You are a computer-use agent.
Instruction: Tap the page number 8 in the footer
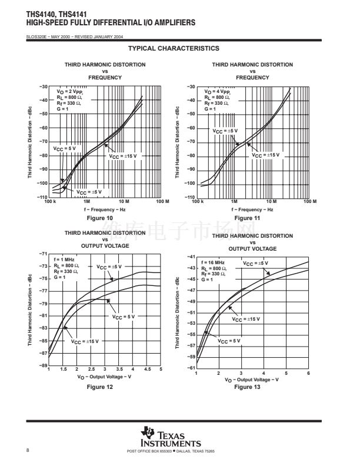(28, 451)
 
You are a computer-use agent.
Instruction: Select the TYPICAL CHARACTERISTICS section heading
(174, 48)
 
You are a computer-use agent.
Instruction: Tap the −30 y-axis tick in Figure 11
(191, 87)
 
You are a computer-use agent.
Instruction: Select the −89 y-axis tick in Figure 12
(43, 365)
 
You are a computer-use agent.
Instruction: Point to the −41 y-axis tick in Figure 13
(191, 257)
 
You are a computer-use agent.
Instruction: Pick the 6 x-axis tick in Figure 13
(308, 374)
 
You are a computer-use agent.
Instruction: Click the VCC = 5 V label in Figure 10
(65, 149)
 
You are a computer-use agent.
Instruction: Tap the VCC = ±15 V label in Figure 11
(266, 155)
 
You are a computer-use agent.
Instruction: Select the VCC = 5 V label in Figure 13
(229, 341)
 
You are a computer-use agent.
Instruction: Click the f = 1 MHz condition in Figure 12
(64, 259)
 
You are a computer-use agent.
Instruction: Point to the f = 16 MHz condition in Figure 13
(213, 262)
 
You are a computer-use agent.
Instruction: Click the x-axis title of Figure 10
(105, 209)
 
